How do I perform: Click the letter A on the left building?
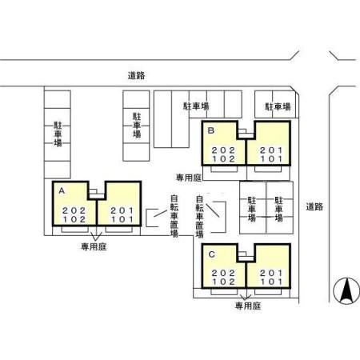61,190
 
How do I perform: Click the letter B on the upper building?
210,130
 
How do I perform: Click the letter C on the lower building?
210,254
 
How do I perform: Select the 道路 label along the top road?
136,76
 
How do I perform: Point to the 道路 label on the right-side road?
314,206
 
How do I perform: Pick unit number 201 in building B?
270,150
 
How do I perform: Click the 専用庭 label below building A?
94,247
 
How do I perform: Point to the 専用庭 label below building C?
248,306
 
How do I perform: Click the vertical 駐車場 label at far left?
58,134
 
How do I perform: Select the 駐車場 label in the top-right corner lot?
277,106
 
